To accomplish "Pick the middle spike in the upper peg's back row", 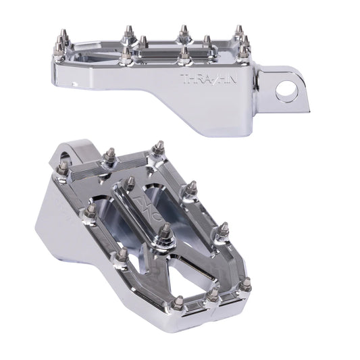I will click(x=183, y=31).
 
